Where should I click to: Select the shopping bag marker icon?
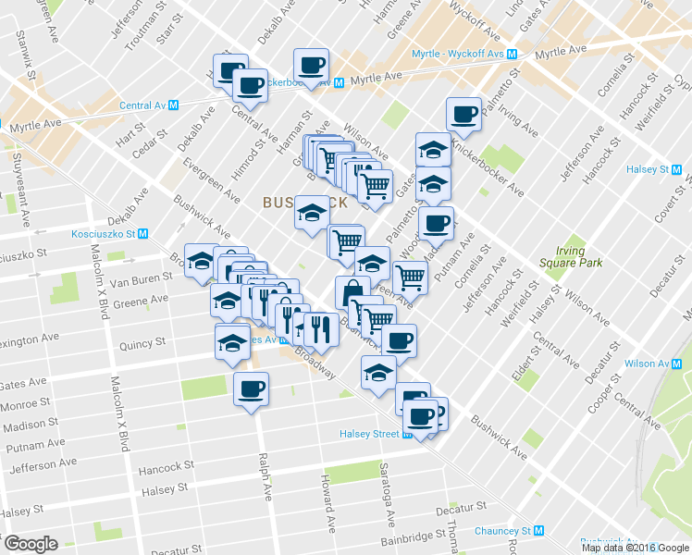point(352,294)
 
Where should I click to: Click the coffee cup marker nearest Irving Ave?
point(463,116)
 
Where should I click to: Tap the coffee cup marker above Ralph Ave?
point(251,388)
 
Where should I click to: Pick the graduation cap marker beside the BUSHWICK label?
point(313,213)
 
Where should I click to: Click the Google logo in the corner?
point(31,544)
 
